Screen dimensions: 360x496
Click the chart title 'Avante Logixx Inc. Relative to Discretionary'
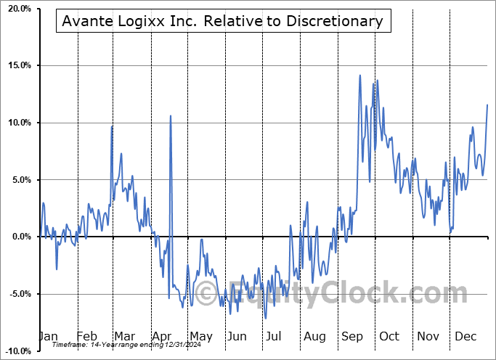click(x=224, y=21)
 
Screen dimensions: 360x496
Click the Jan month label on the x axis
click(x=48, y=336)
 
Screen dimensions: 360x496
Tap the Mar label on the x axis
click(x=125, y=336)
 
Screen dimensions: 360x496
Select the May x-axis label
click(x=200, y=336)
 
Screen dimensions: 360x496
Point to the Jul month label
click(x=275, y=336)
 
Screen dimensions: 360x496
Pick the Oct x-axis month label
click(x=389, y=336)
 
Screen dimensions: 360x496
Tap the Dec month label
click(x=465, y=336)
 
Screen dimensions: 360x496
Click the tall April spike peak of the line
click(x=171, y=115)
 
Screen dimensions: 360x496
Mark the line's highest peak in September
click(x=359, y=75)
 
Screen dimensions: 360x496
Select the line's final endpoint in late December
click(x=487, y=105)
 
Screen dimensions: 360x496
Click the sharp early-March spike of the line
click(x=112, y=126)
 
